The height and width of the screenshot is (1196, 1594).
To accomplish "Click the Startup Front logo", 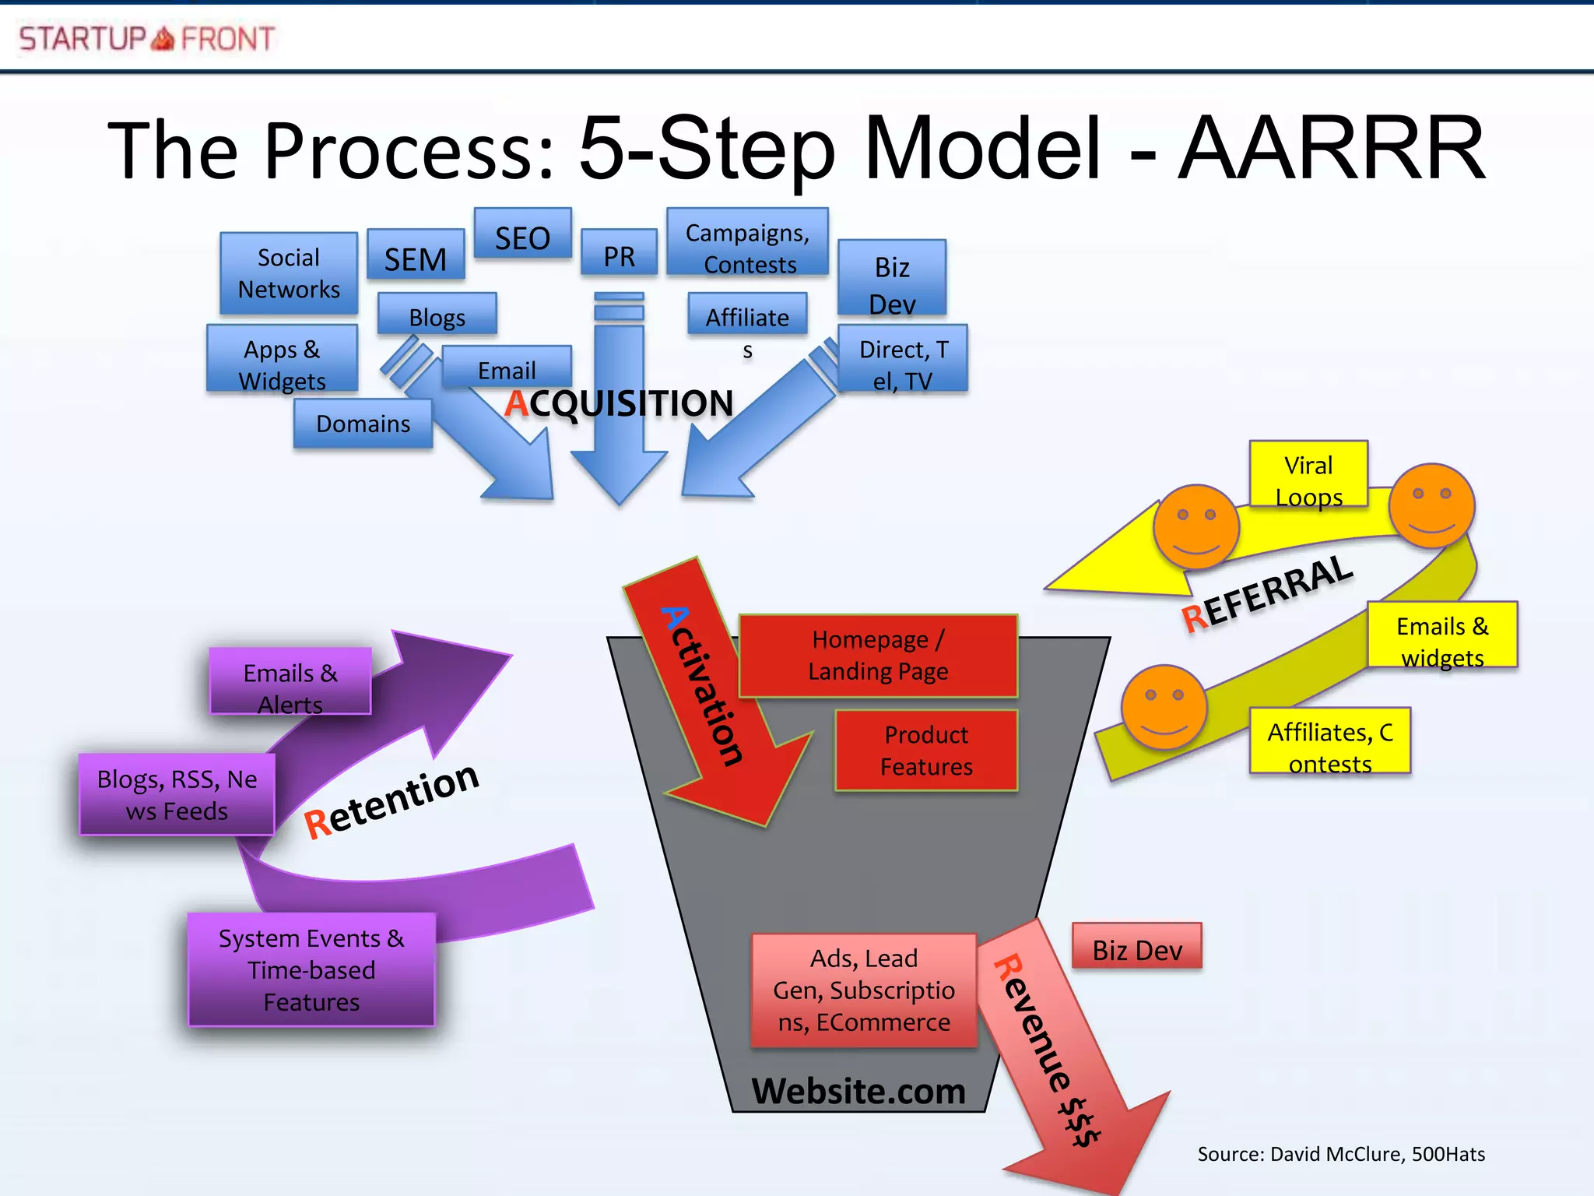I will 146,38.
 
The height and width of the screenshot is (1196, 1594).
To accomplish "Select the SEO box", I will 522,234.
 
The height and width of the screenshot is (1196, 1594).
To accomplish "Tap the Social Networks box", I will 289,273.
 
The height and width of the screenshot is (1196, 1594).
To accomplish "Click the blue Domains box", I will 363,424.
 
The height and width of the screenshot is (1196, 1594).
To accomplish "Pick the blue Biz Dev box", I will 892,278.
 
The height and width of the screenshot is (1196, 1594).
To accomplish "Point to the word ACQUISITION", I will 619,403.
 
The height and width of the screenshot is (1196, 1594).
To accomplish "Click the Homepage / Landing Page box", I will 878,656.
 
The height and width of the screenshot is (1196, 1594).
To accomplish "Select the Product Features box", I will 926,751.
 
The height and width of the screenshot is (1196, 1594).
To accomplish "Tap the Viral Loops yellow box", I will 1308,475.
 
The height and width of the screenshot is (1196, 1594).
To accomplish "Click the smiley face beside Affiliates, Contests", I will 1164,707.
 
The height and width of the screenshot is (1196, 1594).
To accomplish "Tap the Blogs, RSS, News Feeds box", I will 177,794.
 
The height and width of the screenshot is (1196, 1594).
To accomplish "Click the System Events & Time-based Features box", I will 311,969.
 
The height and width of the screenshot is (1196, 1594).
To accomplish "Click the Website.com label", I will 858,1091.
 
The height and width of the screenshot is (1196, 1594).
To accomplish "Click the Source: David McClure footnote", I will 1340,1154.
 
